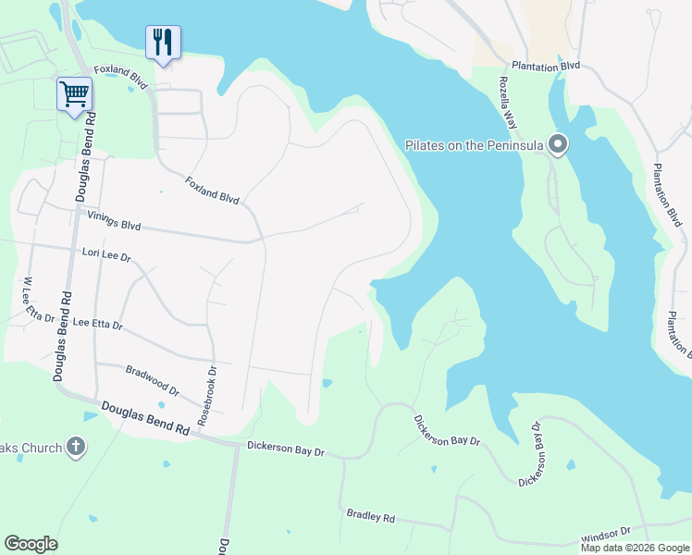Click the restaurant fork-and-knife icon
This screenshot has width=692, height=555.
(x=163, y=42)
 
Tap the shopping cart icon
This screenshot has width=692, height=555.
(x=74, y=92)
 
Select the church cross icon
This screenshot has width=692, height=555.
(x=76, y=448)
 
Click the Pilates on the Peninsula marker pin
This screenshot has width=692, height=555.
(x=557, y=144)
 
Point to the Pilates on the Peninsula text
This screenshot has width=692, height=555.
(x=473, y=145)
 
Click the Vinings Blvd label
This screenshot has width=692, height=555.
(x=114, y=218)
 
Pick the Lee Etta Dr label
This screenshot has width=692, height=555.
(x=97, y=325)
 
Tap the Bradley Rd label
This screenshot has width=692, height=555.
(x=370, y=515)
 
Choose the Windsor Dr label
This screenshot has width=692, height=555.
(x=605, y=535)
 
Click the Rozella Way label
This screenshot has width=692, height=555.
(x=508, y=101)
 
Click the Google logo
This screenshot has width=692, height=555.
(x=31, y=544)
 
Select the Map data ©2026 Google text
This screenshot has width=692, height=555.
(x=635, y=548)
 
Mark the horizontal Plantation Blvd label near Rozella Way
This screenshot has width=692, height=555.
(x=546, y=67)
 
